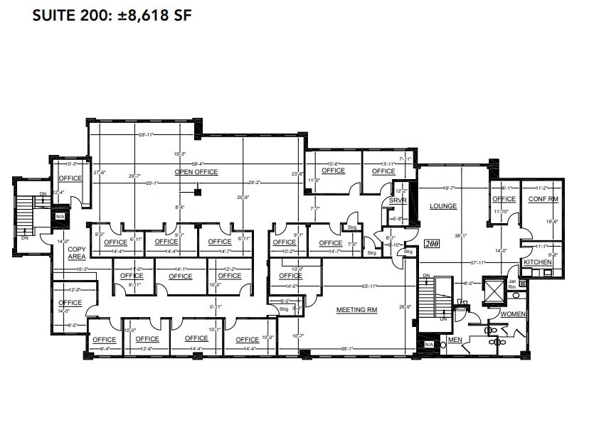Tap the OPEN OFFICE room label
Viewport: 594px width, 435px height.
[196, 172]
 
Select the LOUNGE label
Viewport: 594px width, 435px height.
[442, 206]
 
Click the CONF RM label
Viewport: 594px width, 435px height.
[543, 199]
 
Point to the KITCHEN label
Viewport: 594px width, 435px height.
[537, 262]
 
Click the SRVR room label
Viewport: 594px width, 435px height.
[397, 201]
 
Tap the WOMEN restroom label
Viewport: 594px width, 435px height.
[513, 313]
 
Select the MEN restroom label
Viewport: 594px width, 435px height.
[455, 340]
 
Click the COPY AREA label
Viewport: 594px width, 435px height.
[76, 252]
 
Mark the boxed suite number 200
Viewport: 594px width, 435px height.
[431, 243]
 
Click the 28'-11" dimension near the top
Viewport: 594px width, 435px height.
[147, 134]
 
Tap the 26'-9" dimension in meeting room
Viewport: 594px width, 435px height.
[405, 307]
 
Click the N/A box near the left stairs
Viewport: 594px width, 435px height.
[60, 216]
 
